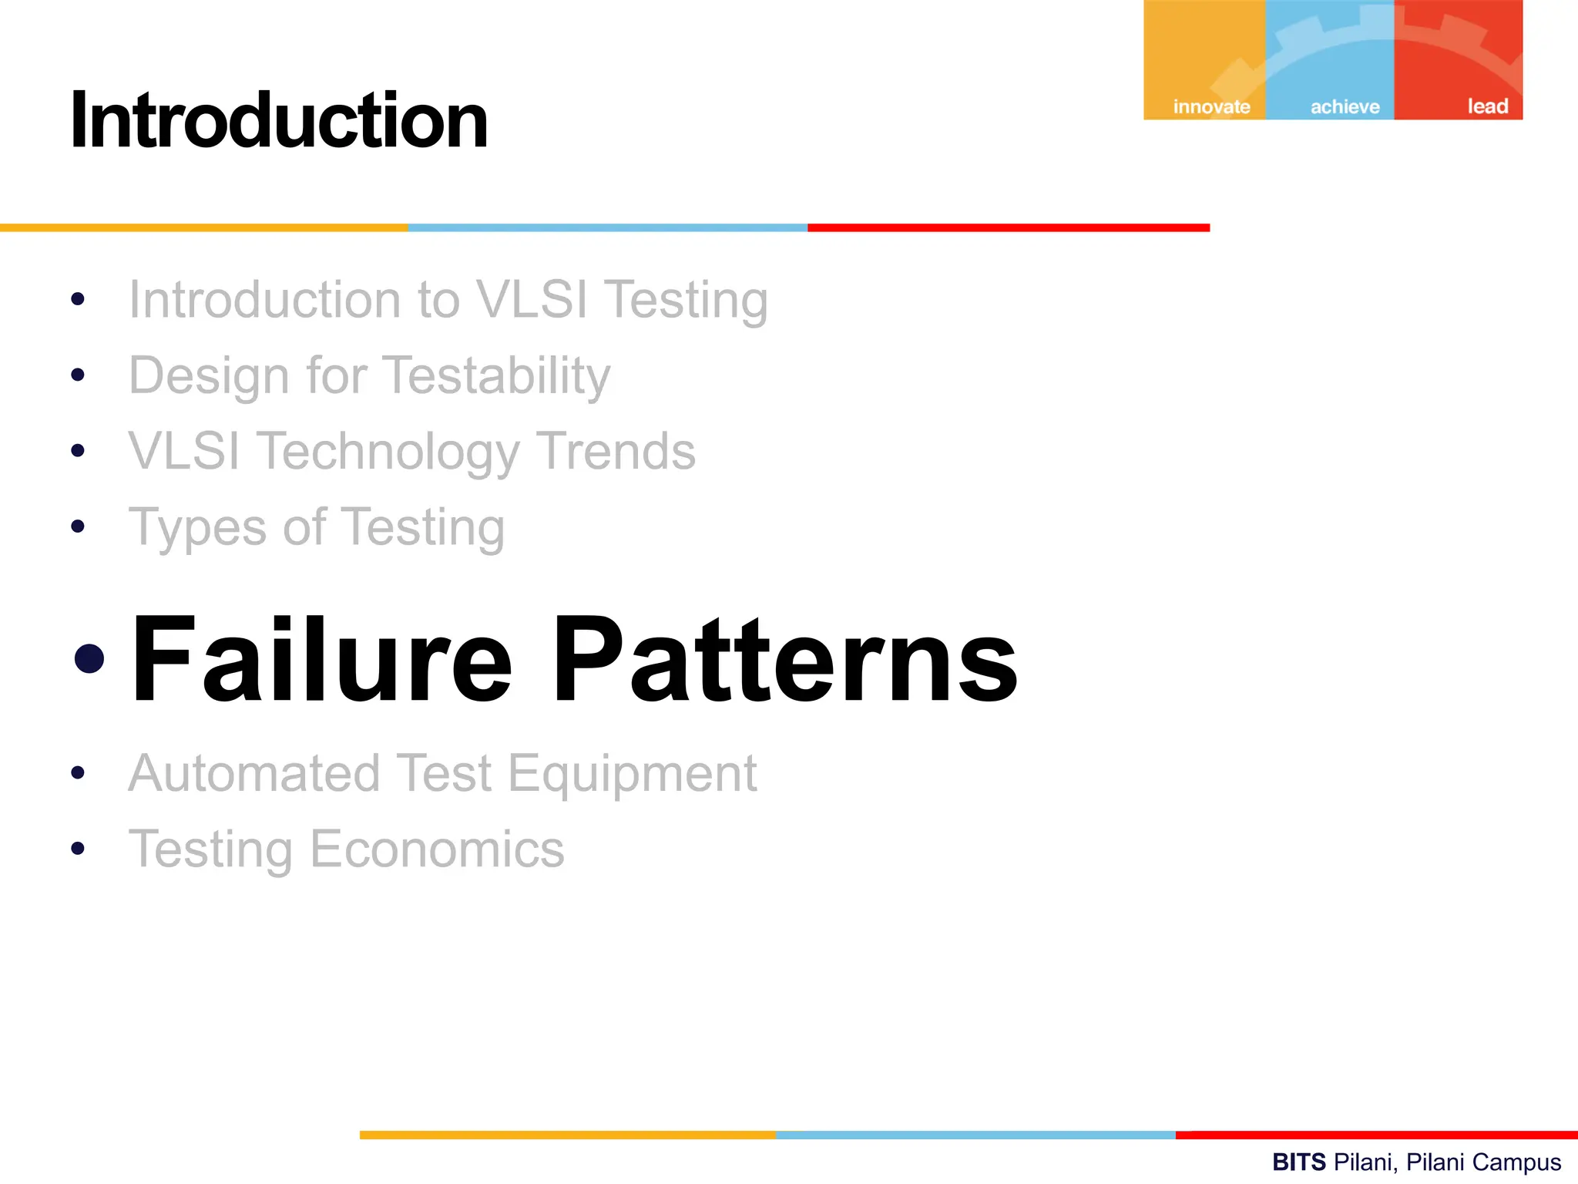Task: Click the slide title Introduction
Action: [x=279, y=121]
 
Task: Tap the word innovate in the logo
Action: [x=1211, y=106]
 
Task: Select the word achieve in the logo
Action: [x=1345, y=106]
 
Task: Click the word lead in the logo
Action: [x=1487, y=106]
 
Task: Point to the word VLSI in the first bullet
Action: [x=532, y=299]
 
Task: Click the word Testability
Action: [x=496, y=376]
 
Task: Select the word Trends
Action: [x=616, y=451]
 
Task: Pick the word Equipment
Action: [x=633, y=773]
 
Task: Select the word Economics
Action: [x=437, y=849]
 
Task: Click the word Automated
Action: [x=254, y=773]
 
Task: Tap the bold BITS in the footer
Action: [x=1298, y=1162]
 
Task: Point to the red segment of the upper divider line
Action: [x=1008, y=227]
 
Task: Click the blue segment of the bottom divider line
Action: [x=975, y=1135]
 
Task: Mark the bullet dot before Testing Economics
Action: [x=77, y=849]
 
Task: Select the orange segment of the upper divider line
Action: [x=203, y=227]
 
